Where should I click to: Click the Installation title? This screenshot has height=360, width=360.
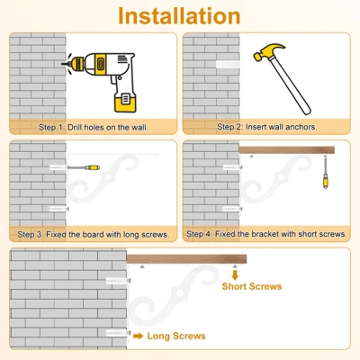click(x=179, y=16)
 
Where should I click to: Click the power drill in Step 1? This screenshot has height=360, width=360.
click(x=101, y=82)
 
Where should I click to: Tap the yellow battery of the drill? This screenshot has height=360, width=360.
click(x=125, y=102)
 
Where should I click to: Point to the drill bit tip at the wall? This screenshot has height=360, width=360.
click(x=62, y=64)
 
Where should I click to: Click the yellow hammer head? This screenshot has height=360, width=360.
click(x=268, y=51)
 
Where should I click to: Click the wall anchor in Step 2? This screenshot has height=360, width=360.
click(x=228, y=64)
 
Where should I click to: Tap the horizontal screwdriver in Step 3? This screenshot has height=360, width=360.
click(x=83, y=167)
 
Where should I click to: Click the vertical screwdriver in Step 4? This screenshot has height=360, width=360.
click(x=326, y=172)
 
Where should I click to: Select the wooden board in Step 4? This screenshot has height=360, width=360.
click(x=287, y=150)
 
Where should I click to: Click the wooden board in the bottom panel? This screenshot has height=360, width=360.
click(x=186, y=259)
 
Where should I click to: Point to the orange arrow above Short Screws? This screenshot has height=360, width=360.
click(x=235, y=274)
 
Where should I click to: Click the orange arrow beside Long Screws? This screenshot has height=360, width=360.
click(x=139, y=336)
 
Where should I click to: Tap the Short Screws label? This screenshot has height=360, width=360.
click(x=252, y=286)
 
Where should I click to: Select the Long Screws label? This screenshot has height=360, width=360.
click(x=176, y=336)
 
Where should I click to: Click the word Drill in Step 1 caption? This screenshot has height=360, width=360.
click(x=75, y=127)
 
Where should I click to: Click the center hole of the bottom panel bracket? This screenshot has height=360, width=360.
click(x=179, y=292)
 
